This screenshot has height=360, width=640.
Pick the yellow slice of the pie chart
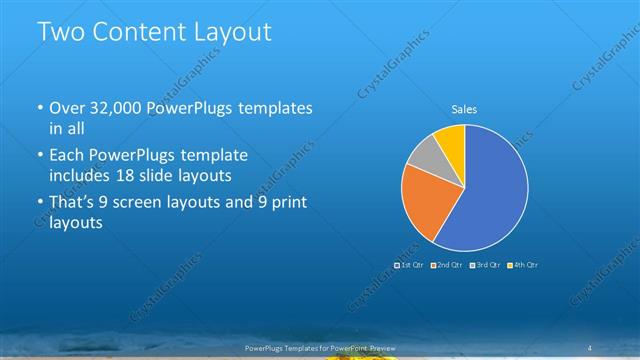click(451, 139)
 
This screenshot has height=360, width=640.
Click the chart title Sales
click(464, 108)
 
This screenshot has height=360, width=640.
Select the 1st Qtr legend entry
click(409, 265)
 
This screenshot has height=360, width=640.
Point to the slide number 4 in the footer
click(590, 346)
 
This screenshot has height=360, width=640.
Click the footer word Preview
click(383, 346)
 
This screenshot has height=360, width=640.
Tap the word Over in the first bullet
click(68, 107)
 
